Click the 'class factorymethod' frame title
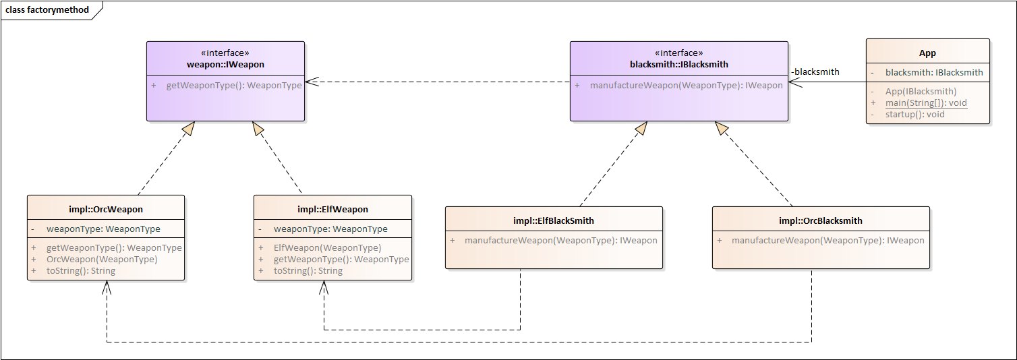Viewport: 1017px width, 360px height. pos(47,10)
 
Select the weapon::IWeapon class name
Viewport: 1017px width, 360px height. pos(225,65)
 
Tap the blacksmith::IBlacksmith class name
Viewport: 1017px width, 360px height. pos(678,65)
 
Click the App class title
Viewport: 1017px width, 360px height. pos(927,53)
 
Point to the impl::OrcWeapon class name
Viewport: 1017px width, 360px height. pos(106,209)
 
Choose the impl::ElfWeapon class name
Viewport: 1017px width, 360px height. pos(332,209)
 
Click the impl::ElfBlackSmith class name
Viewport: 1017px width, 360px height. pos(554,220)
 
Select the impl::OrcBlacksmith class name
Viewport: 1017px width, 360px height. pos(821,220)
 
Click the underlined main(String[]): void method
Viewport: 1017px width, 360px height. pos(926,103)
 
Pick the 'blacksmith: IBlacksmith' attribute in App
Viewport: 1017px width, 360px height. pos(934,72)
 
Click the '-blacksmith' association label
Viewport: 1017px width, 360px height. pos(815,71)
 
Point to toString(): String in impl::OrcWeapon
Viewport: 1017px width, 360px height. pos(81,271)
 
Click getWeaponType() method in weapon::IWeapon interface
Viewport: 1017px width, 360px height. pos(234,86)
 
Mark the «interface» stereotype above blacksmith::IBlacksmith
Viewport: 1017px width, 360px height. pos(678,53)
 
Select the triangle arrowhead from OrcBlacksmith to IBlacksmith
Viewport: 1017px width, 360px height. pos(722,128)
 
